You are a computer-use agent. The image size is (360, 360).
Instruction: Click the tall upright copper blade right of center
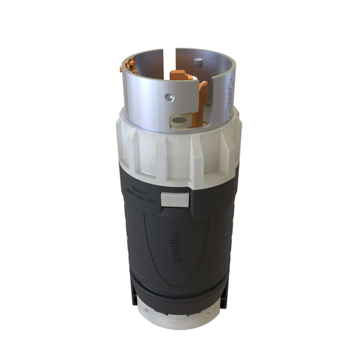coord(202,95)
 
